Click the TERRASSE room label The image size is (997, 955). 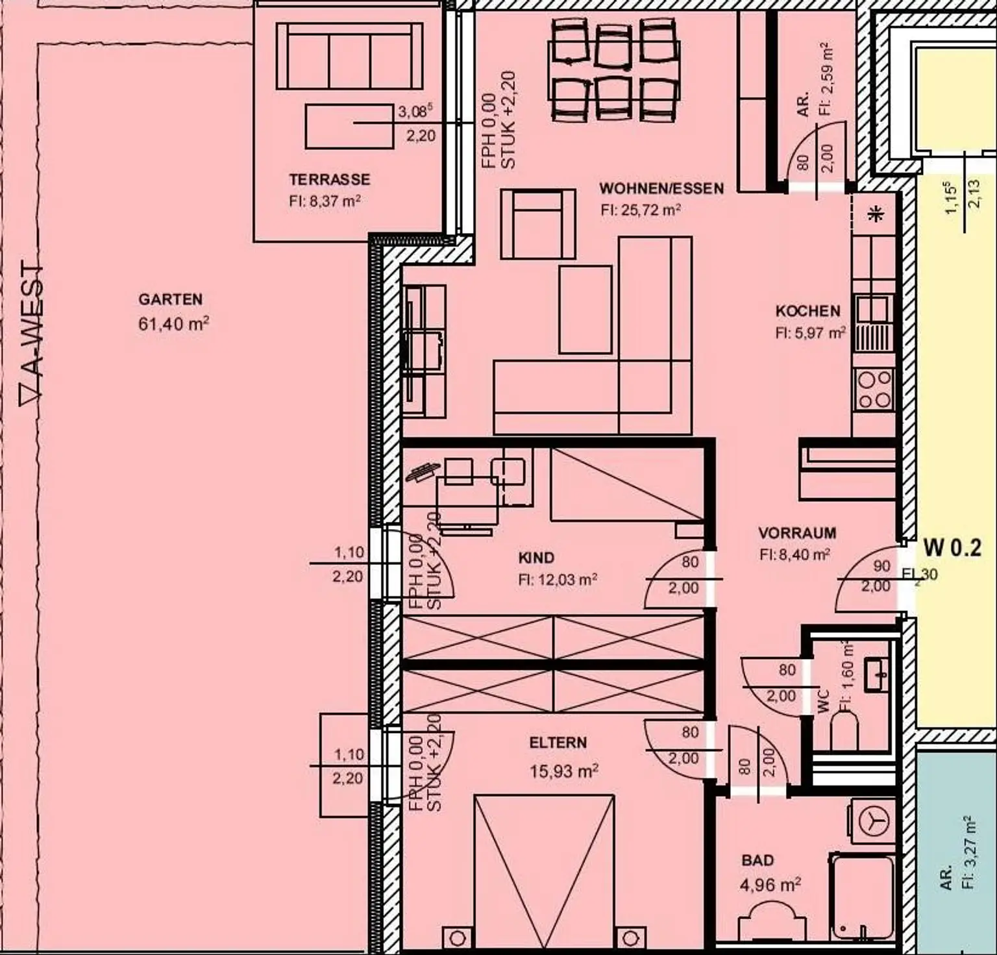click(329, 179)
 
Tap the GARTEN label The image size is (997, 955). click(170, 299)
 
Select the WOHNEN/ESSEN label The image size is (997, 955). click(661, 188)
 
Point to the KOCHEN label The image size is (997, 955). click(807, 311)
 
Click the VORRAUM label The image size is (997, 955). click(797, 533)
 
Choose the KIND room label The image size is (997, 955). click(536, 558)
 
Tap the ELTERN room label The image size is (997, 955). click(558, 743)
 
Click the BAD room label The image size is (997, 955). click(757, 860)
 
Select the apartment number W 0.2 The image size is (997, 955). click(952, 548)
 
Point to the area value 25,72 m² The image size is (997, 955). click(640, 210)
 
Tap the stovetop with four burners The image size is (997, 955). click(874, 390)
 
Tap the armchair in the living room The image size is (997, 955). click(537, 225)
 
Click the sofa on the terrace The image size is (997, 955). click(349, 56)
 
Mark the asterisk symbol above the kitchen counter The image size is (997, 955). click(876, 214)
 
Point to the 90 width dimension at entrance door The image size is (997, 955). click(881, 566)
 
